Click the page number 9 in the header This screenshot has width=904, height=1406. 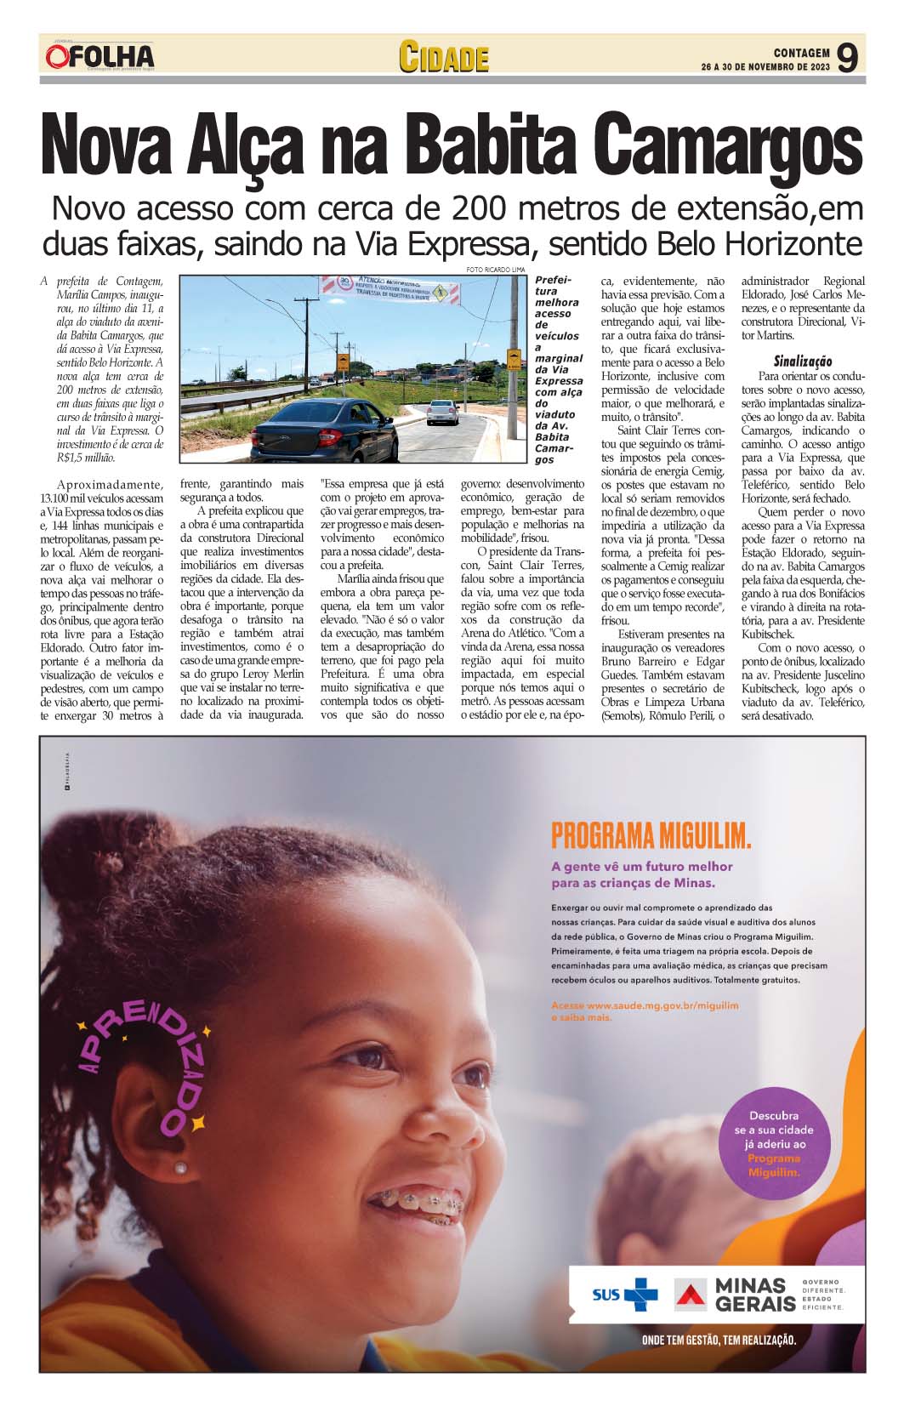tap(846, 58)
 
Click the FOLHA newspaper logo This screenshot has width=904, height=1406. tap(100, 57)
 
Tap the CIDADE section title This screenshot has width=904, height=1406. tap(444, 57)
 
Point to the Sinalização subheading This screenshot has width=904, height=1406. tap(802, 361)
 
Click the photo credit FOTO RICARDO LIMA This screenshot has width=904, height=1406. tap(495, 270)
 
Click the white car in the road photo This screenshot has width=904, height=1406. tap(442, 412)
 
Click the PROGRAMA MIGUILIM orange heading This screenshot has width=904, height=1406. tap(651, 835)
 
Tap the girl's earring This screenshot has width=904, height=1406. tap(180, 1168)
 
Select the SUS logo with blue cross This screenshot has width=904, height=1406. tap(625, 1295)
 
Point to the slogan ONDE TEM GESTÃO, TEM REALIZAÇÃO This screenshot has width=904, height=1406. tap(719, 1341)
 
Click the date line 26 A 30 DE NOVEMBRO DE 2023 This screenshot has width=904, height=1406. tap(765, 67)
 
